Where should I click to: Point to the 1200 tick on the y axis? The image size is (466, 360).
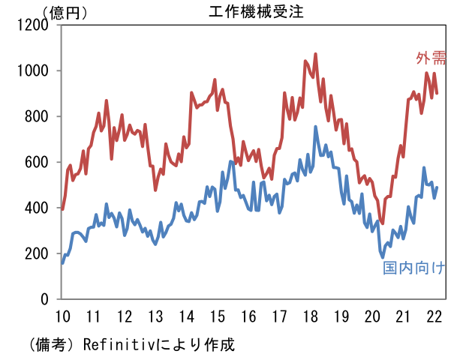tap(34, 25)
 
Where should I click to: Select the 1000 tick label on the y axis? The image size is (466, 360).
tap(34, 70)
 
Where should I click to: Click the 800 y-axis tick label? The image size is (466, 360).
tap(38, 116)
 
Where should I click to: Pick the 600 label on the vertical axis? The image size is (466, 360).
tap(38, 162)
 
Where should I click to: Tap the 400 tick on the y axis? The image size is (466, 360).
tap(38, 208)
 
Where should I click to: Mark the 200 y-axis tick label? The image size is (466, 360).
tap(38, 253)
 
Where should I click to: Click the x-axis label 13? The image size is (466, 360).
tap(155, 315)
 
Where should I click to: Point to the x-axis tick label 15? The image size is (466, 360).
tap(218, 315)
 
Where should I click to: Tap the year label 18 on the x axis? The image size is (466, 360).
tap(311, 315)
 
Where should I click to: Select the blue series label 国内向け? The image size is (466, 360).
tap(414, 268)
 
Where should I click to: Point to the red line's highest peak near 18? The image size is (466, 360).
tap(315, 54)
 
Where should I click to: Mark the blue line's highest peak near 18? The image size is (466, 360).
tap(315, 127)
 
